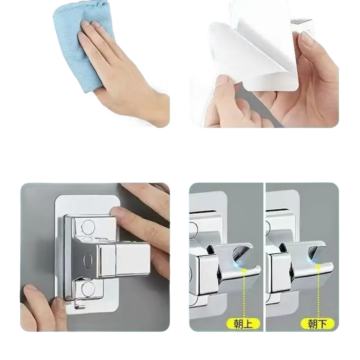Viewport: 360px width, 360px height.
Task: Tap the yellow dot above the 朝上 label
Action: point(244,270)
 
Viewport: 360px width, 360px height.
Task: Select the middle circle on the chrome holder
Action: point(88,260)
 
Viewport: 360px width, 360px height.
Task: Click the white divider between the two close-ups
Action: point(265,256)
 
